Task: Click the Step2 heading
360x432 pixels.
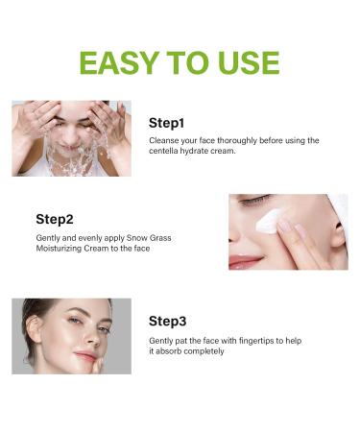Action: (x=55, y=218)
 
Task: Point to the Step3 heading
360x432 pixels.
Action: (x=168, y=321)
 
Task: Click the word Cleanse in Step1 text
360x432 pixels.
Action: (x=165, y=140)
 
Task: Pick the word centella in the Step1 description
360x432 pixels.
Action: (x=168, y=152)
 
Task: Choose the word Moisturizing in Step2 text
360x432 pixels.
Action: (x=63, y=249)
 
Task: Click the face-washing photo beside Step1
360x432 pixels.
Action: (x=71, y=138)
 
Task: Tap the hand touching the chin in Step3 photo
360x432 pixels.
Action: (x=86, y=361)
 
